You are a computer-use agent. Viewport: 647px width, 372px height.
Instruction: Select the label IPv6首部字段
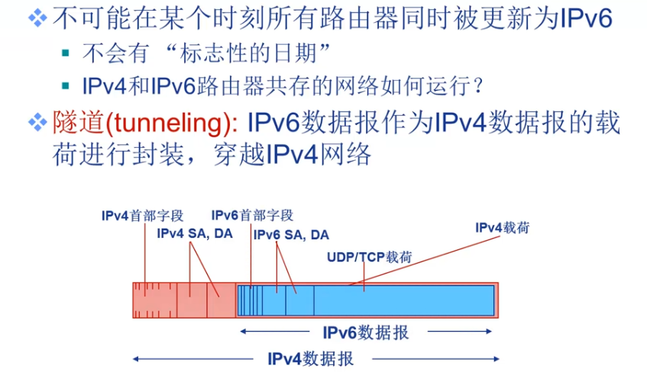click(x=252, y=216)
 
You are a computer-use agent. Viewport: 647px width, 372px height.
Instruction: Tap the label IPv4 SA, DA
click(x=194, y=233)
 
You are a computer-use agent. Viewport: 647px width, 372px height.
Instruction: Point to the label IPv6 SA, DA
click(x=291, y=235)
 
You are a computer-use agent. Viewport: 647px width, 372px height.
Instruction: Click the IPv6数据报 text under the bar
click(x=365, y=332)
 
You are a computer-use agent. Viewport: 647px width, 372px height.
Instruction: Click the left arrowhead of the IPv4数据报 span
click(x=136, y=358)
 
